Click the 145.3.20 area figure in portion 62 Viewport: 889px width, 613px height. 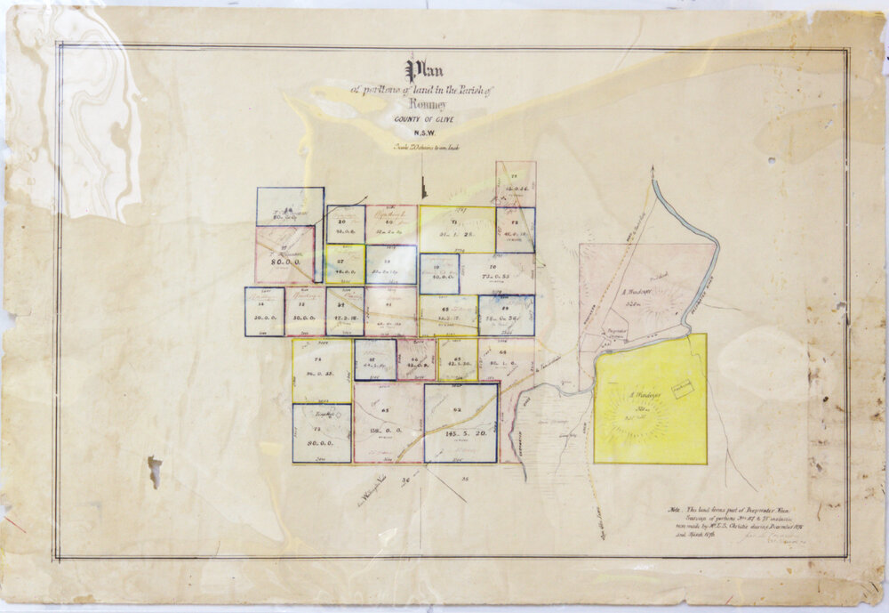pyautogui.click(x=460, y=433)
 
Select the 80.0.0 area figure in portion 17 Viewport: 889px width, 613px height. pyautogui.click(x=284, y=262)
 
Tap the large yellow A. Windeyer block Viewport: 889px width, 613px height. pyautogui.click(x=650, y=399)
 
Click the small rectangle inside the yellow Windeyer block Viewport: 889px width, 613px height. pyautogui.click(x=682, y=390)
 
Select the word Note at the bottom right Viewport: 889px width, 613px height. pyautogui.click(x=674, y=510)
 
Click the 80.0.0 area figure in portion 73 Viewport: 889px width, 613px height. pyautogui.click(x=321, y=442)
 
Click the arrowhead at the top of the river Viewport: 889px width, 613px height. pyautogui.click(x=653, y=168)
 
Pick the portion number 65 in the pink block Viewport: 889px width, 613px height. pyautogui.click(x=385, y=410)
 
